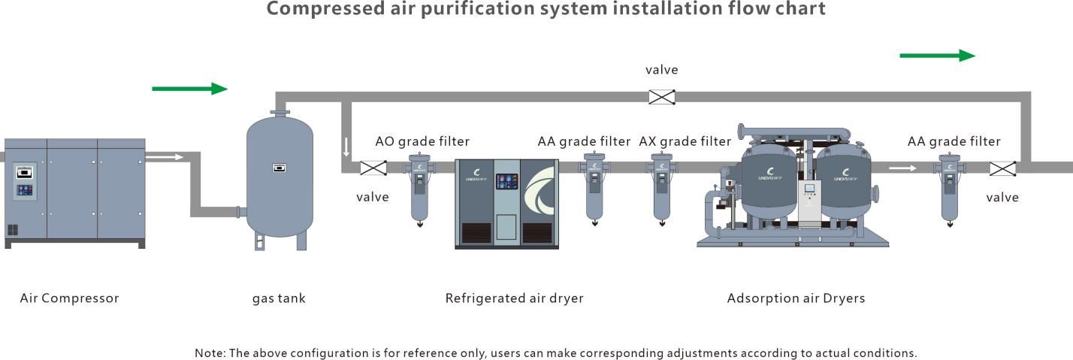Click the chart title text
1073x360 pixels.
(546, 9)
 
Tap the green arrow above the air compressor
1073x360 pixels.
(189, 89)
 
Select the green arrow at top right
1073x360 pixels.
(937, 56)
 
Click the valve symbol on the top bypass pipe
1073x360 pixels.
(661, 97)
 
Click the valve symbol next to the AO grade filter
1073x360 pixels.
(373, 168)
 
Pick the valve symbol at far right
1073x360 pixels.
(1002, 168)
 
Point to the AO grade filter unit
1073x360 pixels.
(419, 188)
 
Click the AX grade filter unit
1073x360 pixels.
(662, 188)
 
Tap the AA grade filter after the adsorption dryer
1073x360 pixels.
(951, 188)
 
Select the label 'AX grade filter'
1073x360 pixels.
(685, 141)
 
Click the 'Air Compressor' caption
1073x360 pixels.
(69, 298)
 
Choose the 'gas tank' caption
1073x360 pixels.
(279, 298)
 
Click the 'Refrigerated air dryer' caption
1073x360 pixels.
(514, 298)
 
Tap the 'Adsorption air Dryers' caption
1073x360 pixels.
(796, 298)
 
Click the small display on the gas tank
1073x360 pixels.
(280, 167)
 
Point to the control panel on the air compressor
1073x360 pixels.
(25, 180)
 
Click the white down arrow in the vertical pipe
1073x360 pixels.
(346, 147)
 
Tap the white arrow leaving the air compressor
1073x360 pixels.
(165, 157)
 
